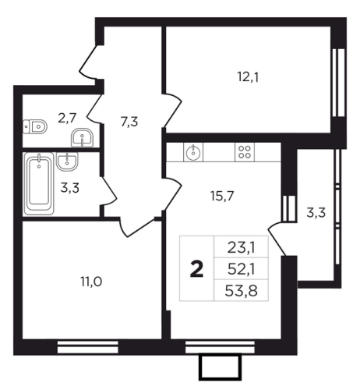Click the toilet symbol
pos(35,126)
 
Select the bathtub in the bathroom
pos(39,183)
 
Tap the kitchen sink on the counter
pos(193,152)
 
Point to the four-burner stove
pos(245,152)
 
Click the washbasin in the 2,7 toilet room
pos(82,137)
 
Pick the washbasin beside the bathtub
pos(67,161)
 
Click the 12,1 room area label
pos(248,77)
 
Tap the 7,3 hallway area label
pos(129,122)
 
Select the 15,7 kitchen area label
pos(222,196)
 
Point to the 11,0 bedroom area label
pos(91,282)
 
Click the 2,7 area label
pos(67,119)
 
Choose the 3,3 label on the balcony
pos(316,213)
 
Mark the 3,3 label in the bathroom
pos(69,188)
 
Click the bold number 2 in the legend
pos(196,270)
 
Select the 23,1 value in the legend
pos(242,247)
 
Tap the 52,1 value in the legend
pos(242,269)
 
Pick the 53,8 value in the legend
pos(242,291)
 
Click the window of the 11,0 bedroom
pos(88,347)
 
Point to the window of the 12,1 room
pos(339,83)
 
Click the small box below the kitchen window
pos(221,367)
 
